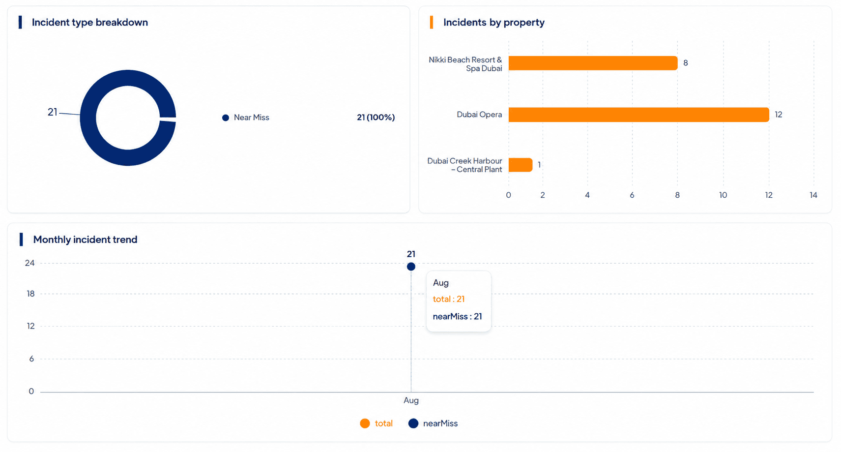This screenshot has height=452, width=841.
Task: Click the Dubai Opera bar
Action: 638,115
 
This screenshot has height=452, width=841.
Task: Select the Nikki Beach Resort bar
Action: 593,63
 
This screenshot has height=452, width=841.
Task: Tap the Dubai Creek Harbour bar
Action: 521,165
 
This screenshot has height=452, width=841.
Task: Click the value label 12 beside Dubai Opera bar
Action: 778,115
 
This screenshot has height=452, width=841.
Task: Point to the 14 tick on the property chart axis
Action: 813,195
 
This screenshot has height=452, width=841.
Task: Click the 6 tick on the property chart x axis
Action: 632,195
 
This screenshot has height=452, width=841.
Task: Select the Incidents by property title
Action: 493,23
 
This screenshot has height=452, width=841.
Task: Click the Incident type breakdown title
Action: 90,23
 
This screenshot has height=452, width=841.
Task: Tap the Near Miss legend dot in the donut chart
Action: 225,118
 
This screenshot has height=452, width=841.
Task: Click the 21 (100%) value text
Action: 376,118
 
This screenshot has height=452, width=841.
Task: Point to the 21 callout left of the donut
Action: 52,112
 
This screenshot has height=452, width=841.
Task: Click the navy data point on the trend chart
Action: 411,267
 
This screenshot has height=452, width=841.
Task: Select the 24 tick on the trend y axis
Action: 29,263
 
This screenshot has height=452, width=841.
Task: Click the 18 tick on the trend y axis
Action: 30,294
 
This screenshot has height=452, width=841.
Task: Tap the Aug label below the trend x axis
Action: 411,400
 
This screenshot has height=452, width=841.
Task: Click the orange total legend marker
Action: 365,423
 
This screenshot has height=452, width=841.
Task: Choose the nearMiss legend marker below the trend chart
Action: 413,423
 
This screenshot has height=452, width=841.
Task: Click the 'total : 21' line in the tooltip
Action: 449,299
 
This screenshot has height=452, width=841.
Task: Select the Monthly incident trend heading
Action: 85,240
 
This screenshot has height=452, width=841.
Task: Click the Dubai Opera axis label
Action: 479,115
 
